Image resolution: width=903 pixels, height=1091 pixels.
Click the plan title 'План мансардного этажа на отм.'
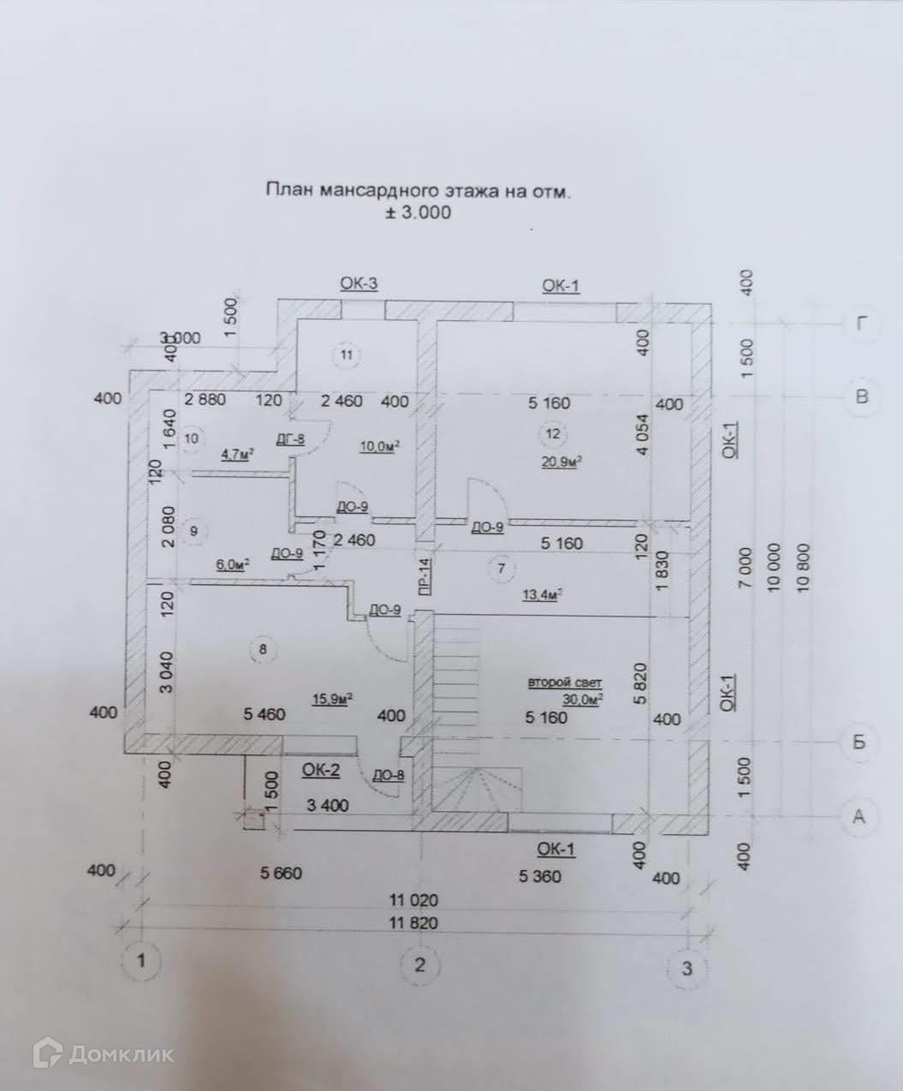click(x=418, y=190)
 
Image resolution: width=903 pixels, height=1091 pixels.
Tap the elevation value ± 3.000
click(x=417, y=212)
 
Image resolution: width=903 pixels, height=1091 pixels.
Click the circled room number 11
click(x=346, y=354)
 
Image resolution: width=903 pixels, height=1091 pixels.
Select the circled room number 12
click(x=553, y=433)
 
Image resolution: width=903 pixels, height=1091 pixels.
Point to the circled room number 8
click(x=263, y=650)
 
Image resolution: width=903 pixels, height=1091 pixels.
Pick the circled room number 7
click(x=502, y=567)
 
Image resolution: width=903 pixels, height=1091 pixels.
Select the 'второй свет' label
click(x=565, y=683)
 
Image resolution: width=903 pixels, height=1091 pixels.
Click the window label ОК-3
click(x=359, y=284)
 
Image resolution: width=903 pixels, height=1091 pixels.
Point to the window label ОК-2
click(x=321, y=771)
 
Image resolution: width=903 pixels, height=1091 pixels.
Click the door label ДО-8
click(x=388, y=776)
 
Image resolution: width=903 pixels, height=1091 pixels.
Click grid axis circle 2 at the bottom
click(x=419, y=964)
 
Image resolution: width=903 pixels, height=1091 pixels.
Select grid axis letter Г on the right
click(x=861, y=324)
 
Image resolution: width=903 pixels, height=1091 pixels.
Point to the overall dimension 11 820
click(x=413, y=923)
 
